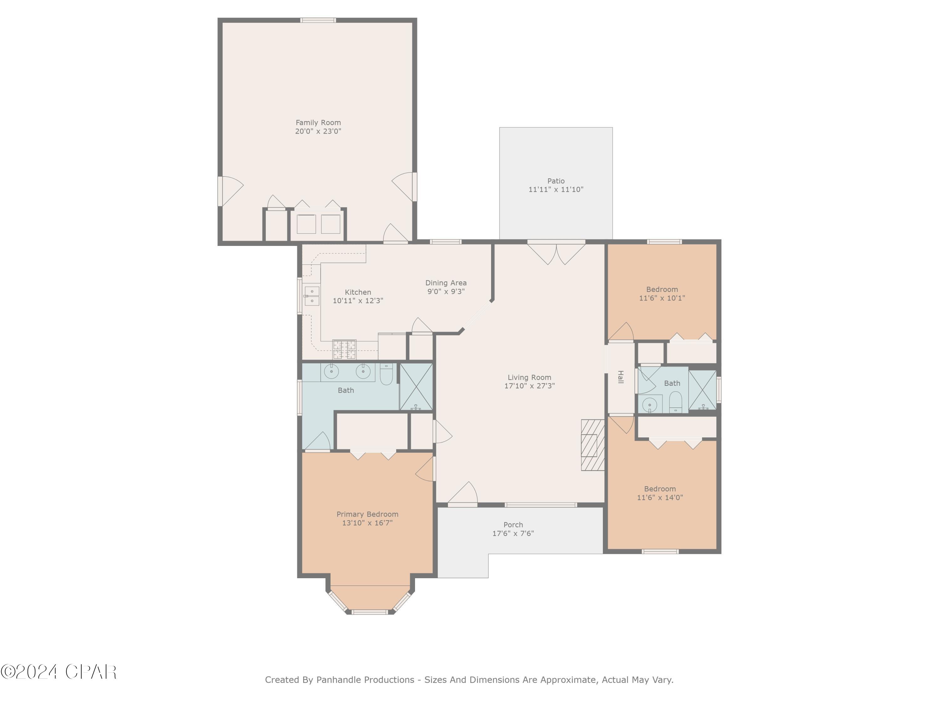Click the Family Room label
pos(318,123)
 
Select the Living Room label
pos(529,377)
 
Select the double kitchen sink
pos(312,296)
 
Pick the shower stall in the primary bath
pos(416,387)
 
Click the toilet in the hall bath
pos(675,402)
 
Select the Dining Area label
pos(446,283)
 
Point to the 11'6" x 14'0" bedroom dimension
pos(660,497)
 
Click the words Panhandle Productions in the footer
pos(365,680)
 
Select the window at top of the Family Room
pos(318,20)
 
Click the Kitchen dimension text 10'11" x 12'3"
pos(358,300)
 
